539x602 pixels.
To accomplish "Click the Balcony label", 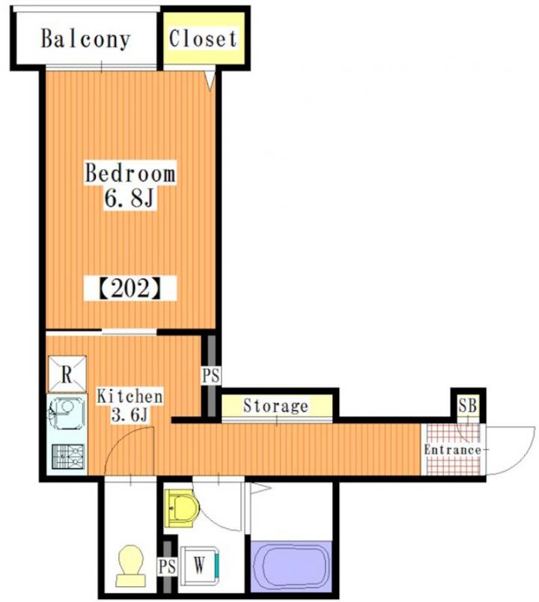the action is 85,39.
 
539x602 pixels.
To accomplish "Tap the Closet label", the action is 203,38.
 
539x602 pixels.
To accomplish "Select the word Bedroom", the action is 130,173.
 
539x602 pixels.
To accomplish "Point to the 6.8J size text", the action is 130,198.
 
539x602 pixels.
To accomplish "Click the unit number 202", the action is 130,289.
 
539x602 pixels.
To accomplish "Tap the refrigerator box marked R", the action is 67,374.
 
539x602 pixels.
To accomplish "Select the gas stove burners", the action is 67,456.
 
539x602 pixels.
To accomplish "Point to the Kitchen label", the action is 130,396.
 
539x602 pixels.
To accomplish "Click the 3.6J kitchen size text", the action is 130,415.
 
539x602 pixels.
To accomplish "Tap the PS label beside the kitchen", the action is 211,375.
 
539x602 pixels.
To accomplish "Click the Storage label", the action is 275,405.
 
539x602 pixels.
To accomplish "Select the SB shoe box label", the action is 468,405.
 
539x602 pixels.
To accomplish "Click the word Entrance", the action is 452,449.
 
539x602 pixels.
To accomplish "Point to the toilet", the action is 131,565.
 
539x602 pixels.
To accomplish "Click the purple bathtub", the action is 290,566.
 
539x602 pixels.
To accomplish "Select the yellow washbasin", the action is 182,508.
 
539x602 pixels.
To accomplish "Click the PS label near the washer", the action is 167,567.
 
